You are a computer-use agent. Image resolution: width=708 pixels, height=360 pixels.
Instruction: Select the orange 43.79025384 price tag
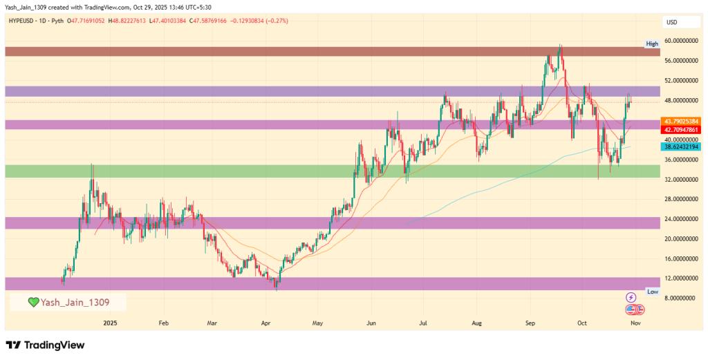(x=681, y=122)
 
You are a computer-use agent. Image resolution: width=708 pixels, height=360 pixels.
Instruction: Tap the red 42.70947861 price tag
(x=681, y=129)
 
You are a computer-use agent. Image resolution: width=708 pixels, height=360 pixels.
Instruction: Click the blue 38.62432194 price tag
(x=681, y=147)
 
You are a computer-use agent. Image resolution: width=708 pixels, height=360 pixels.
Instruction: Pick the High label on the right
(x=652, y=44)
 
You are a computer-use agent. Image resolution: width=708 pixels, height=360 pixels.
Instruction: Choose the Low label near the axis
(x=652, y=292)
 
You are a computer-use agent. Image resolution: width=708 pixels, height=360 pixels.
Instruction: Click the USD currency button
(x=671, y=22)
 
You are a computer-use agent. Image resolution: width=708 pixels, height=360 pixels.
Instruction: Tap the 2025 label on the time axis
(x=111, y=323)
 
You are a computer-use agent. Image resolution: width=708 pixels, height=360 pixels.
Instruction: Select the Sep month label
(x=531, y=323)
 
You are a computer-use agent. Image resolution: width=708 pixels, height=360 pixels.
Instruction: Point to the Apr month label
(x=266, y=323)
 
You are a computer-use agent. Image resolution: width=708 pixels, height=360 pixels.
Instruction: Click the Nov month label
(x=635, y=323)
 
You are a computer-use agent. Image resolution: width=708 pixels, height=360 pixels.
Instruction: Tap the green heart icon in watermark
(x=33, y=303)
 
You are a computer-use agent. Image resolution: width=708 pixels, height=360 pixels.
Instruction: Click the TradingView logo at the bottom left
(x=45, y=345)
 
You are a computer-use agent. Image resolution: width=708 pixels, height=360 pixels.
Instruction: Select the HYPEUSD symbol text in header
(x=26, y=21)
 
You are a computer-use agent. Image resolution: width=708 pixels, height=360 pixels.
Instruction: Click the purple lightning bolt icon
(x=631, y=297)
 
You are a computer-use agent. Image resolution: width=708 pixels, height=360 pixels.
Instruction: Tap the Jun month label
(x=371, y=323)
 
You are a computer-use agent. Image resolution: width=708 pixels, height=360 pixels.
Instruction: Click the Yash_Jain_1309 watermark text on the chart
(x=74, y=303)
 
